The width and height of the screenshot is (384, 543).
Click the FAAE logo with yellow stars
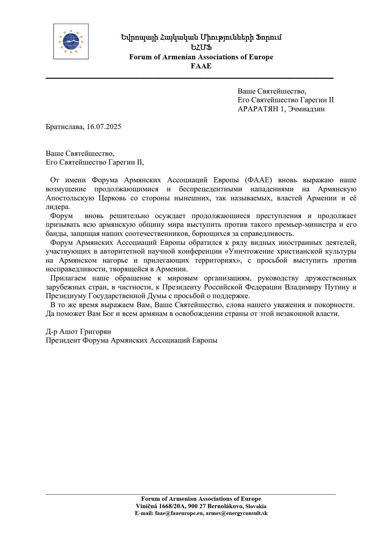[71, 41]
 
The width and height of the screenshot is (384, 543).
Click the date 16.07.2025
[104, 127]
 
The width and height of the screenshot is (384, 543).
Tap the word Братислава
[65, 127]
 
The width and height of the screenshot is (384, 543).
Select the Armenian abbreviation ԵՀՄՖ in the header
[201, 47]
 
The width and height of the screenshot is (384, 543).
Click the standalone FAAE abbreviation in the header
[201, 66]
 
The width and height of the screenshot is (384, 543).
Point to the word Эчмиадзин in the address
[306, 109]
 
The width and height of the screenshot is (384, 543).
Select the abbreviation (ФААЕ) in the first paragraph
[258, 180]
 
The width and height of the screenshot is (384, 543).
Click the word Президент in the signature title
[63, 340]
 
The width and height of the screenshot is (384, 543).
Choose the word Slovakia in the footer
[256, 507]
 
